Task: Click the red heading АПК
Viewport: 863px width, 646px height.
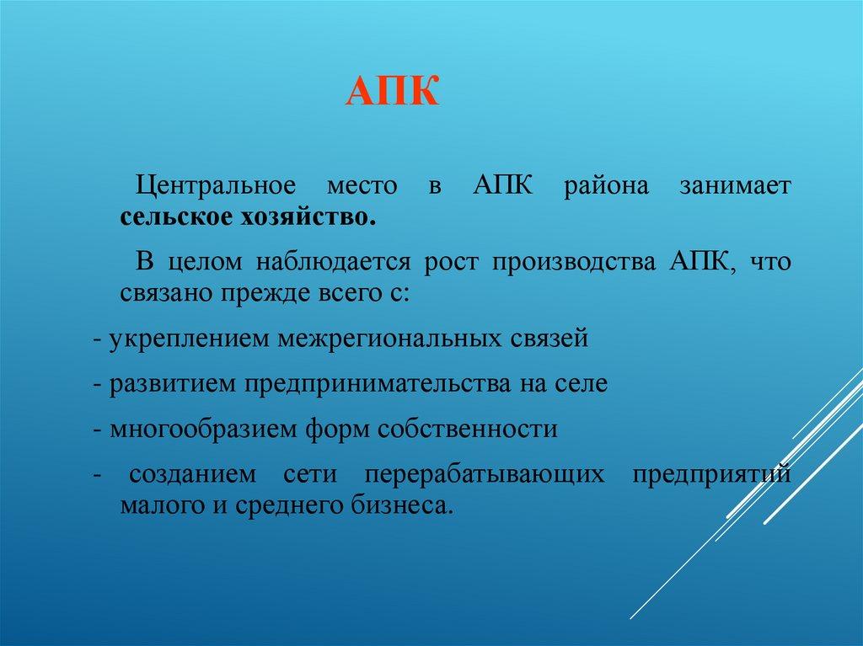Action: coord(393,89)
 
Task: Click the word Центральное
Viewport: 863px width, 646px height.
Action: coord(215,184)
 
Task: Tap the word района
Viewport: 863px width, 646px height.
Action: coord(607,184)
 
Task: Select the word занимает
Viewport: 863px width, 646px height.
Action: coord(735,184)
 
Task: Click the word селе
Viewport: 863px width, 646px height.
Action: coord(577,383)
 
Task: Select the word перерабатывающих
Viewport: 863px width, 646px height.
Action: coord(485,472)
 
